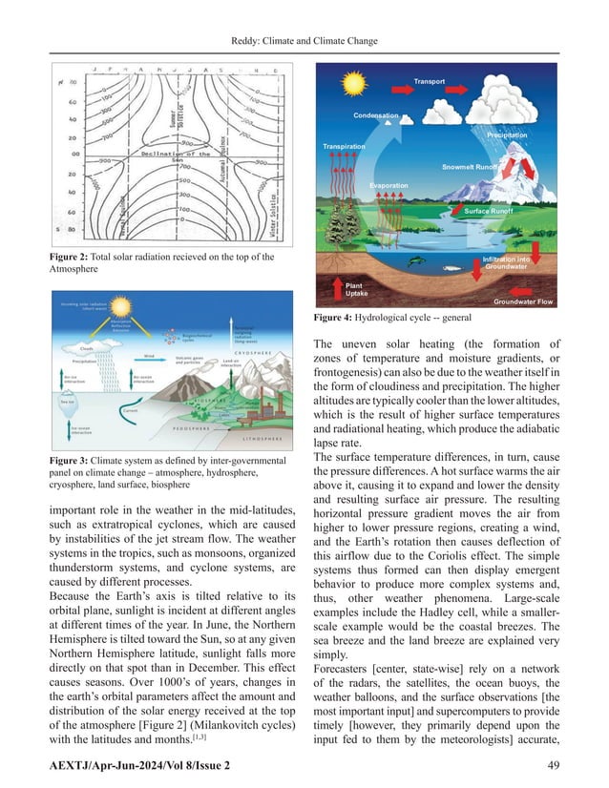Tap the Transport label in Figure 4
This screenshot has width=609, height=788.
[430, 82]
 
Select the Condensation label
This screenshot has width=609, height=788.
[375, 115]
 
